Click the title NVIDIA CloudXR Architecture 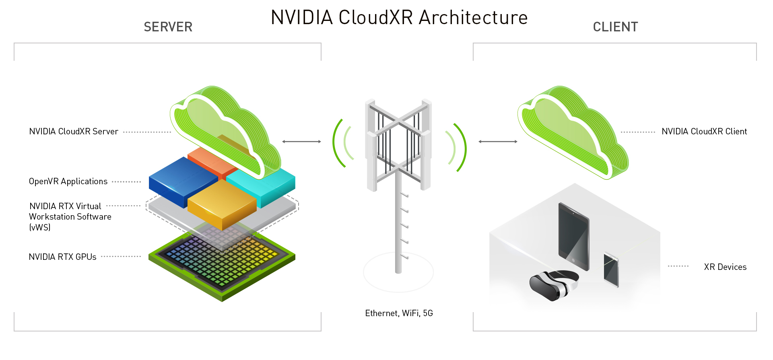pos(399,18)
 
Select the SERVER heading pos(168,27)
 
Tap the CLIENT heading pos(615,27)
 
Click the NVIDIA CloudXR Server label pos(74,132)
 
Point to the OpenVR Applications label pos(68,181)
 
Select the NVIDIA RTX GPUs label pos(62,257)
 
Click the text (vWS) pos(40,227)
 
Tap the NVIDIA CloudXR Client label pos(704,132)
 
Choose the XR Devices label pos(725,267)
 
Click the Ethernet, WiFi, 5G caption pos(399,313)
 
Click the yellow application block pos(221,204)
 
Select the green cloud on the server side pos(221,129)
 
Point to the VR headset pos(553,285)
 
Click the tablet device pos(573,237)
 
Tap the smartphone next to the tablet pos(611,270)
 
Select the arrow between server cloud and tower pos(301,142)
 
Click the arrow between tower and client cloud pos(498,142)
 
